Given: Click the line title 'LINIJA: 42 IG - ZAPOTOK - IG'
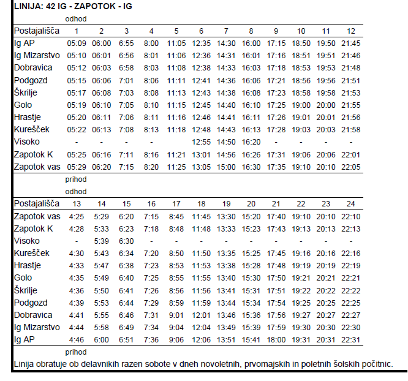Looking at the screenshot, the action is (73, 6).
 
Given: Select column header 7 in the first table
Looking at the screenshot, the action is (226, 31).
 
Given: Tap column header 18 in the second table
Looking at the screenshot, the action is (201, 204).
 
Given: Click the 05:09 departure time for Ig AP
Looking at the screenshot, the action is (77, 43).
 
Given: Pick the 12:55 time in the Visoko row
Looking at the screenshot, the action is (201, 142).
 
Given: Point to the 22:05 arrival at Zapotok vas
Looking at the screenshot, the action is (351, 167).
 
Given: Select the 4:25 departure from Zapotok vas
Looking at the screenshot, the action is (77, 216).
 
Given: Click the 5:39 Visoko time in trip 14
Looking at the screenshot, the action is (102, 241).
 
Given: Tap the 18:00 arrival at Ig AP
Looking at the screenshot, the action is (276, 340).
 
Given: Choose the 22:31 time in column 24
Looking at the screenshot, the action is (351, 340).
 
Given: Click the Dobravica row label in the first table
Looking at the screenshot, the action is (33, 67).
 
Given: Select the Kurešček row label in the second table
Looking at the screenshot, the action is (31, 253).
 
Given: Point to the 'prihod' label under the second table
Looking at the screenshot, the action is (76, 352).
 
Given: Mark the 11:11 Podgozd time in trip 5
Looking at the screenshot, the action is (176, 81).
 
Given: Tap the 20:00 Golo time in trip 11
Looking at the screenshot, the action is (326, 105).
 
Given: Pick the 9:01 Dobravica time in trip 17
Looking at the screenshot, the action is (176, 315).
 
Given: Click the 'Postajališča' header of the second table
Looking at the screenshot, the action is (37, 203).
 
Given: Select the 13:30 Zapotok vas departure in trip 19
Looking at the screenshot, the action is (226, 216).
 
